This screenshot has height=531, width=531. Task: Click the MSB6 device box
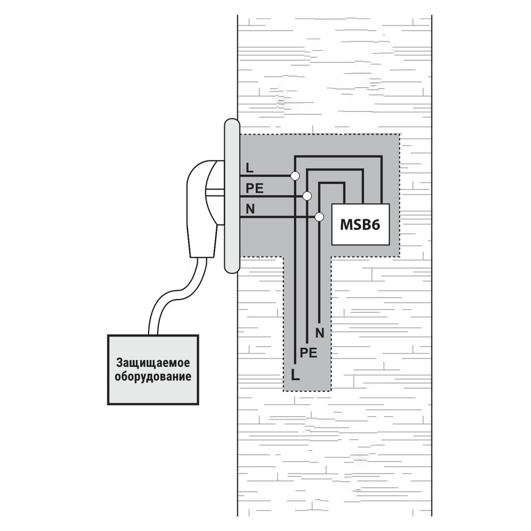(361, 224)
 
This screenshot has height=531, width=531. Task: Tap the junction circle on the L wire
(295, 176)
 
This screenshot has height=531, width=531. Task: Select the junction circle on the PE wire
(307, 196)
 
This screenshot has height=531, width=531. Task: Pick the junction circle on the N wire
(319, 217)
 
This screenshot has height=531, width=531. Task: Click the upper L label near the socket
(250, 168)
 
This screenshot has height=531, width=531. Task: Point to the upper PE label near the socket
(255, 189)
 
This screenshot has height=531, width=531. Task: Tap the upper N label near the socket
(250, 209)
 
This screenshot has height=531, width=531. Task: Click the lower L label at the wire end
(295, 375)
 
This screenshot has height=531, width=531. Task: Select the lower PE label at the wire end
(309, 353)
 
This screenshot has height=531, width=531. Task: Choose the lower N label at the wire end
(320, 333)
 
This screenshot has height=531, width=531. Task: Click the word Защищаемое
(153, 363)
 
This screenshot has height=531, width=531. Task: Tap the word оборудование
(153, 376)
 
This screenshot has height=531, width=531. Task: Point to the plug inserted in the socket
(205, 209)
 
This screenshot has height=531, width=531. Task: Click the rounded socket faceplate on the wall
(232, 196)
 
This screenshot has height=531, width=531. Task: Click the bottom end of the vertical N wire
(319, 322)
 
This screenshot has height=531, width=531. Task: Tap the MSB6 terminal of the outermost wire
(382, 203)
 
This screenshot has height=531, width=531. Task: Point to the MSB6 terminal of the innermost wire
(345, 203)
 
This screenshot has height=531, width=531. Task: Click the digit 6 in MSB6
(375, 225)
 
